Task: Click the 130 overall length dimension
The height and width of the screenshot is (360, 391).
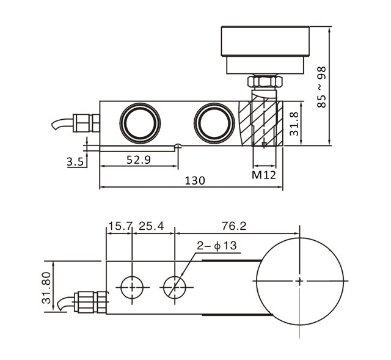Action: [195, 180]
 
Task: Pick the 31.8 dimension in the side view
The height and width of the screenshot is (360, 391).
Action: [294, 123]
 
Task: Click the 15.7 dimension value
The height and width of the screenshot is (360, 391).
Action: [120, 227]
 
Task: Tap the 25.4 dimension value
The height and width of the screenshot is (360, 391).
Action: [152, 227]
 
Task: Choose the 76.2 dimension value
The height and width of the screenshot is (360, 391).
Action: [234, 227]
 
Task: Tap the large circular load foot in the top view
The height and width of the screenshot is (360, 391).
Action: [299, 281]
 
